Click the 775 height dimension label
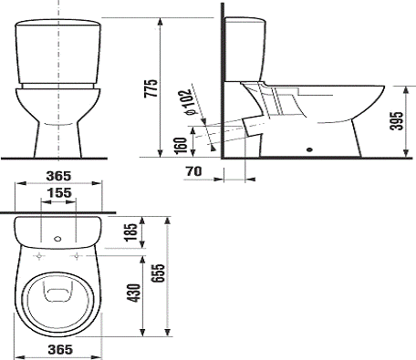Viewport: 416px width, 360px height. (x=151, y=88)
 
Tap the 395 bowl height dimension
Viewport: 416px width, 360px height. (x=397, y=121)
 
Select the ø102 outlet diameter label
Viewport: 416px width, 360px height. (x=187, y=102)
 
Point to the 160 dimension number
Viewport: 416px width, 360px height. (x=181, y=146)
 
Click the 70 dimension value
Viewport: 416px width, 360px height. (x=194, y=171)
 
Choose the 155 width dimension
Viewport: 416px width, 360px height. (x=59, y=192)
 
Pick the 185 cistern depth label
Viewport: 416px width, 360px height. (x=131, y=232)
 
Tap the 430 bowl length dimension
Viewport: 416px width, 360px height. (x=134, y=293)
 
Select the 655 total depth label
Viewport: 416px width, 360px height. (x=158, y=273)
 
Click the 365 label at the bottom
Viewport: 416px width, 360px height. (x=60, y=350)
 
